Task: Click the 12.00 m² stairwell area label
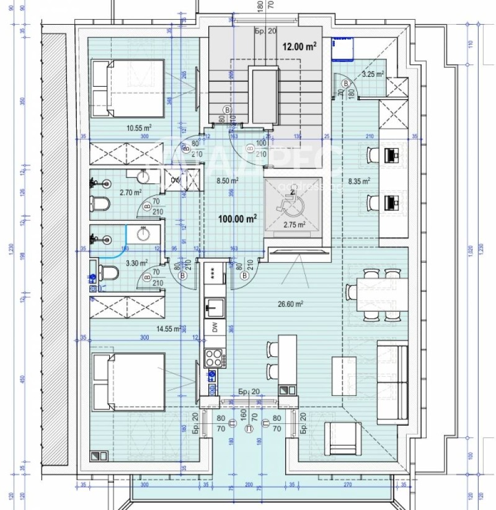pyautogui.click(x=300, y=46)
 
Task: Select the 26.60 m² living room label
pyautogui.click(x=290, y=304)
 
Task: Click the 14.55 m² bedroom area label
pyautogui.click(x=167, y=329)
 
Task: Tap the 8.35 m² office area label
pyautogui.click(x=359, y=181)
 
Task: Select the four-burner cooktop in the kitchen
pyautogui.click(x=214, y=358)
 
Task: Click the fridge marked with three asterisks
pyautogui.click(x=215, y=276)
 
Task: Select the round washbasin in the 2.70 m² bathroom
pyautogui.click(x=144, y=177)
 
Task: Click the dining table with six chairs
pyautogui.click(x=376, y=291)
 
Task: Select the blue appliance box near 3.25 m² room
pyautogui.click(x=342, y=48)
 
